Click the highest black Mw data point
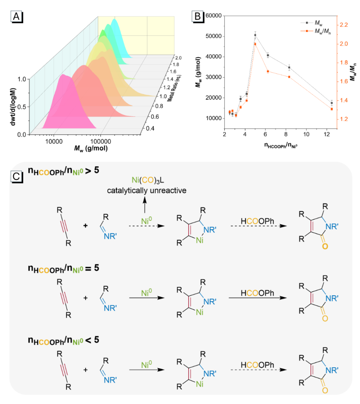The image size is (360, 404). tap(255, 35)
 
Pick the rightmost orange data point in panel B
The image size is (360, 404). tap(331, 109)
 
